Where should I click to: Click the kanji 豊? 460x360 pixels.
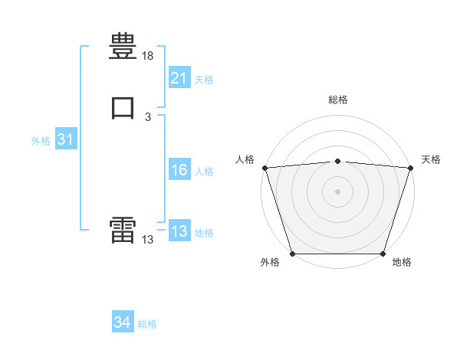[x=123, y=46]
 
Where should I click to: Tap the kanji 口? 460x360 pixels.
[x=123, y=107]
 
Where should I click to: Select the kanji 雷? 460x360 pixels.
[x=123, y=230]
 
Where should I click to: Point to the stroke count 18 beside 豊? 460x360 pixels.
[x=147, y=56]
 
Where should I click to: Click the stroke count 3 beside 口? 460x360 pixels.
[x=148, y=117]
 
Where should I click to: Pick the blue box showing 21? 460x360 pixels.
[x=179, y=77]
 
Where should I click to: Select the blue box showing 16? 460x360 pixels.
[x=179, y=169]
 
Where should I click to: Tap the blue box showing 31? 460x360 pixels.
[x=66, y=138]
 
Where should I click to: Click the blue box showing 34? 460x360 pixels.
[x=123, y=321]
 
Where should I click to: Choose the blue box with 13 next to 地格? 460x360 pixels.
[x=179, y=230]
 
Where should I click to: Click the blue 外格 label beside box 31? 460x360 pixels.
[x=41, y=141]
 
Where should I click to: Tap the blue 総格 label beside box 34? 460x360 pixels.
[x=147, y=324]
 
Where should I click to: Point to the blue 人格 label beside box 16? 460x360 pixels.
[x=204, y=172]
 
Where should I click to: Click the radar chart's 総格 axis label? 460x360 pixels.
[x=338, y=100]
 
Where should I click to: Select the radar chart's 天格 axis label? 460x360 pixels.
[x=431, y=159]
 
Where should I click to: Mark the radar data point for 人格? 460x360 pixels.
[x=265, y=168]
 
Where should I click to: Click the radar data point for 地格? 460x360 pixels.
[x=383, y=254]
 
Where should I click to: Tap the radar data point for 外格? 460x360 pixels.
[x=293, y=254]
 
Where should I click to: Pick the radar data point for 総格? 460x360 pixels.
[x=337, y=162]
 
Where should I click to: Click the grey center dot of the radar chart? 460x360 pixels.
[x=337, y=191]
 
